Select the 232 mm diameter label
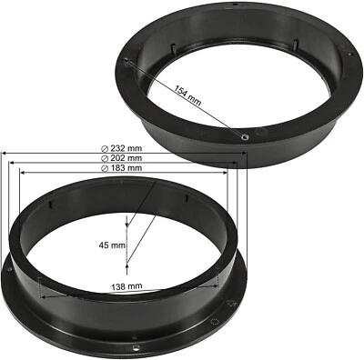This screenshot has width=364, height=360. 126,148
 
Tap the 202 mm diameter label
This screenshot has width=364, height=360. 126,158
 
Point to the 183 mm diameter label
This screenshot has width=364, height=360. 126,168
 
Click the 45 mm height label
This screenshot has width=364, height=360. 112,245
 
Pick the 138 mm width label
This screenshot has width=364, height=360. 128,286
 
